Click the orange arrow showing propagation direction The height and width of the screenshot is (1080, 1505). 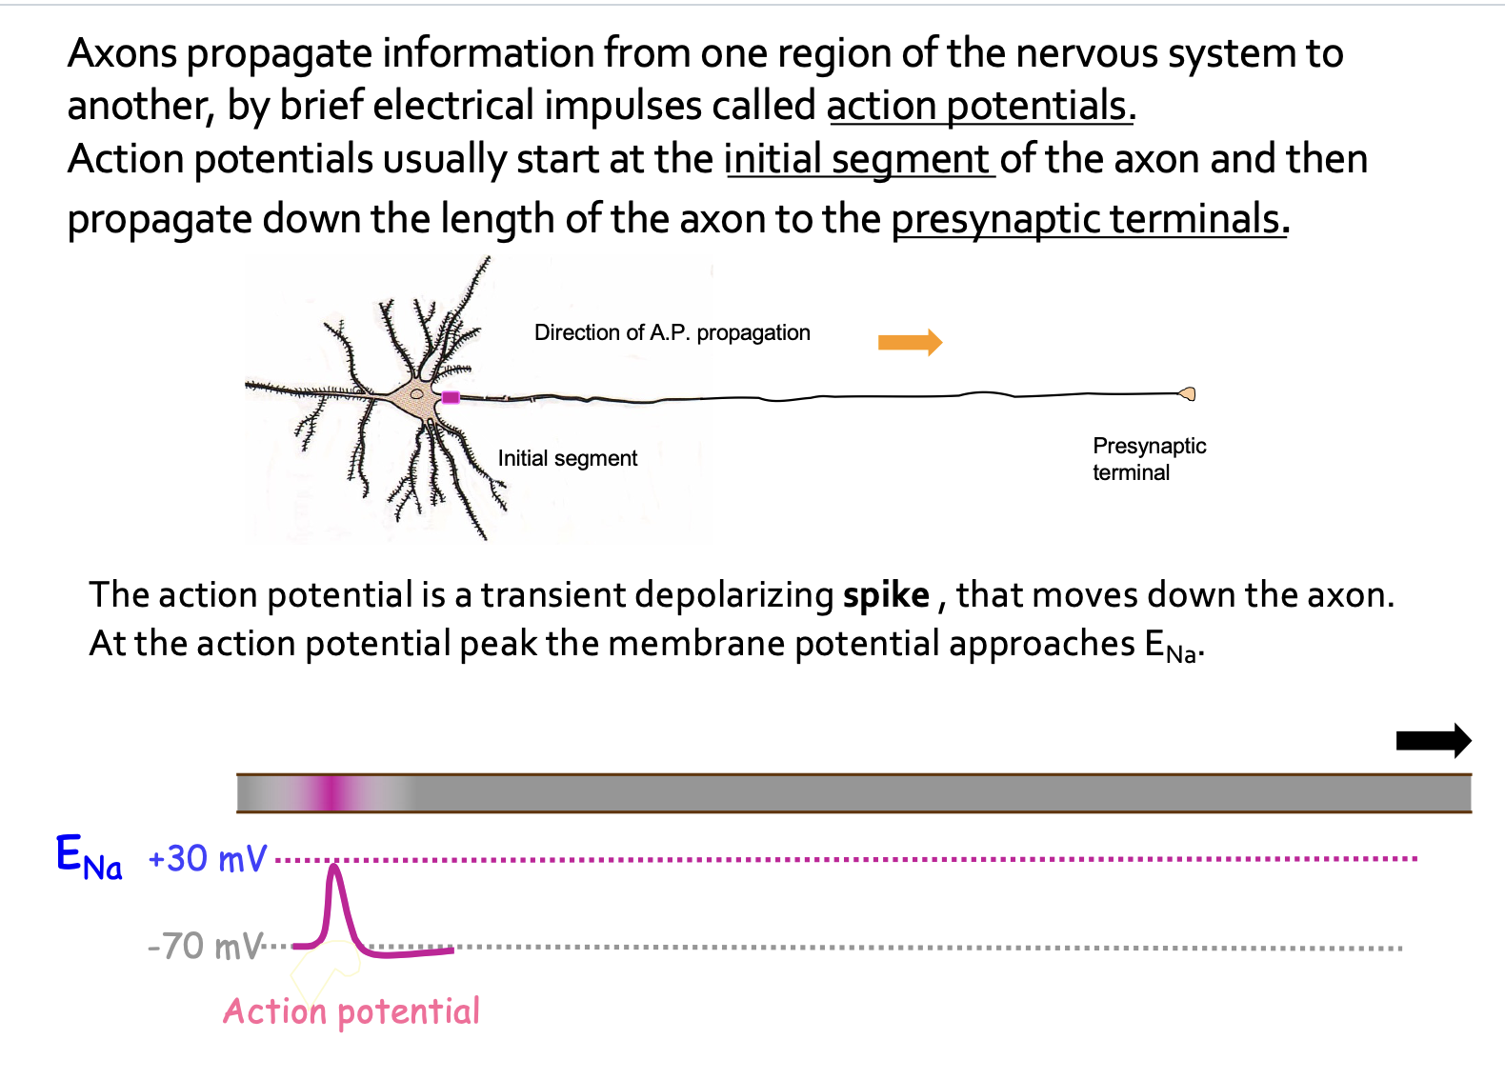click(x=910, y=342)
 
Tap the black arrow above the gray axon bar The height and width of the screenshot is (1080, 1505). click(x=1433, y=740)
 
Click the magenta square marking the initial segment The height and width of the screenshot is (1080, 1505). click(x=451, y=397)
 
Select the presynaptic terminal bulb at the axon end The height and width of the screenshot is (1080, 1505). click(x=1187, y=393)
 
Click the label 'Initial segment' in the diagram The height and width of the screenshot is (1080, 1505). click(x=567, y=458)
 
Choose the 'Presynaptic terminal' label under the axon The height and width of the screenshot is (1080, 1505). click(x=1149, y=459)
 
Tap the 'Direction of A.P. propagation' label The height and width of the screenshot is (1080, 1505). click(x=672, y=332)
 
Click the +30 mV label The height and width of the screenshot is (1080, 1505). click(x=208, y=859)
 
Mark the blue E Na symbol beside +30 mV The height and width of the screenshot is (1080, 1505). click(x=89, y=856)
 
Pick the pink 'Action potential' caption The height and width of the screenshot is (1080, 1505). click(x=351, y=1011)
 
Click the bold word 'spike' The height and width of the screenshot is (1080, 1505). click(x=886, y=595)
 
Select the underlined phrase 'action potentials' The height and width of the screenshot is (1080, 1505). click(x=979, y=106)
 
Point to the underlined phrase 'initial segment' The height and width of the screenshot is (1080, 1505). click(x=858, y=159)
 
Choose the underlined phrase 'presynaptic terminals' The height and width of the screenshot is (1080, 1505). click(x=1089, y=219)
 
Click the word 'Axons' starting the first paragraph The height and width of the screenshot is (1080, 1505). click(x=123, y=53)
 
